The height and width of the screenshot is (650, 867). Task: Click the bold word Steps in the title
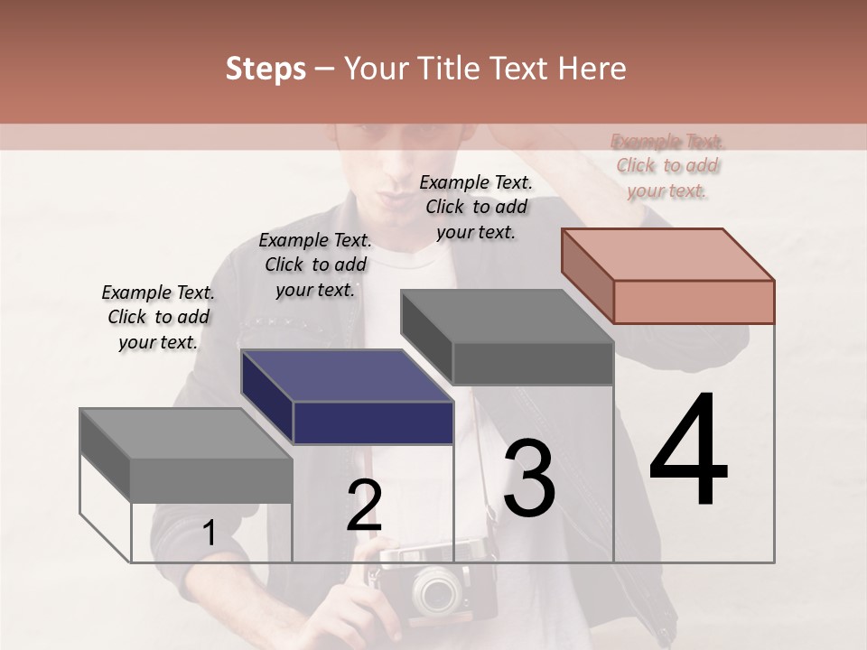click(x=266, y=69)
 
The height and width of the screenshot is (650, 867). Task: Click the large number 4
click(x=688, y=450)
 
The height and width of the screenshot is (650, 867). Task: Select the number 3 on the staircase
click(x=529, y=478)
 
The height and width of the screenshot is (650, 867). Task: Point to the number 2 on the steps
click(x=364, y=506)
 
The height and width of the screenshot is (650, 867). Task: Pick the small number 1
click(x=209, y=533)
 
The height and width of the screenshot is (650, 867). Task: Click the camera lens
click(x=438, y=591)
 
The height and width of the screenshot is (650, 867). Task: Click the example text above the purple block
click(x=315, y=265)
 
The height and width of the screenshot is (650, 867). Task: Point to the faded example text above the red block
click(x=668, y=165)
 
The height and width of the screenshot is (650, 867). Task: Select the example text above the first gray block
click(x=158, y=317)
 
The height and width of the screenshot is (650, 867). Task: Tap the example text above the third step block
click(x=476, y=207)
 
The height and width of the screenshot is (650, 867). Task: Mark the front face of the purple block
click(x=373, y=422)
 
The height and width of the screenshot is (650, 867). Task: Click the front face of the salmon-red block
click(x=694, y=302)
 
